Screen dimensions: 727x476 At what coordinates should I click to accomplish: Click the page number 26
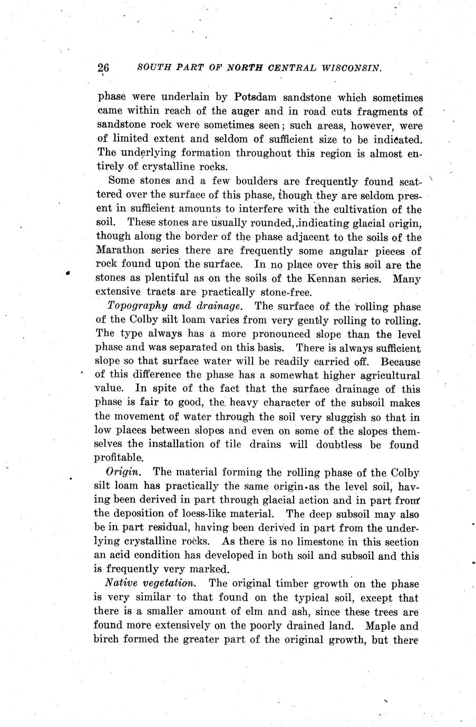(x=103, y=68)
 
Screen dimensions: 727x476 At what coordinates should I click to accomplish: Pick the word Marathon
(x=123, y=251)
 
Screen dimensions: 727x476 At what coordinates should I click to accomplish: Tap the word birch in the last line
(x=109, y=641)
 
